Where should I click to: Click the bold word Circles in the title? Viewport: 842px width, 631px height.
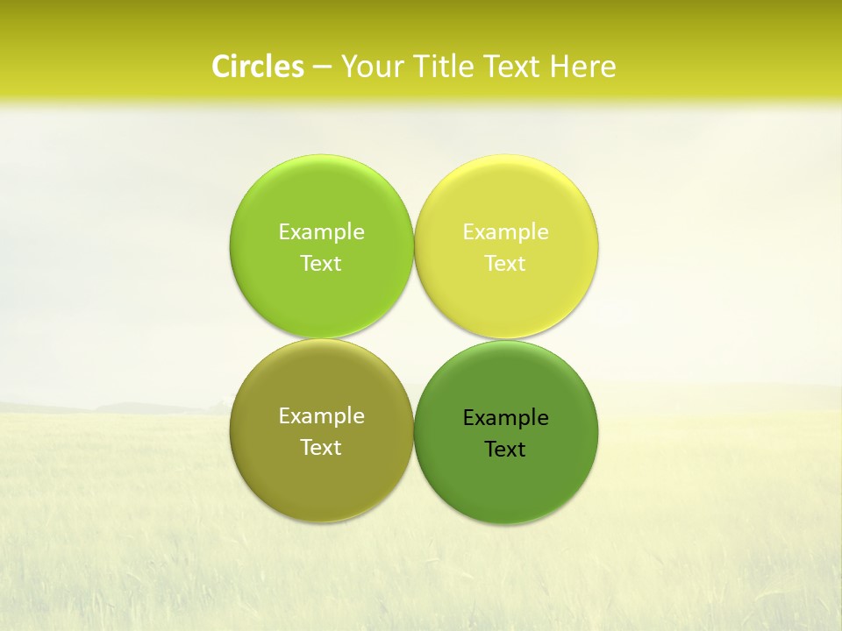pyautogui.click(x=258, y=67)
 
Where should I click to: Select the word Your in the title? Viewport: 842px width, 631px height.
pyautogui.click(x=369, y=67)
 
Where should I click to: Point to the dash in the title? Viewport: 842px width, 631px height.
pyautogui.click(x=322, y=67)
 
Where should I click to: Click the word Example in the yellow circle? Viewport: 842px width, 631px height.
pyautogui.click(x=506, y=232)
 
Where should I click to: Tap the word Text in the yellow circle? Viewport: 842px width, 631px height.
pyautogui.click(x=506, y=264)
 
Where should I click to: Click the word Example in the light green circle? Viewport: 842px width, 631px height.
pyautogui.click(x=321, y=232)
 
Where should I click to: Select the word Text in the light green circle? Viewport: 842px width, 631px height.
pyautogui.click(x=321, y=264)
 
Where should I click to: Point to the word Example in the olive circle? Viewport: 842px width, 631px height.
pyautogui.click(x=321, y=416)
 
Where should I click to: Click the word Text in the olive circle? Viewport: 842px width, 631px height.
pyautogui.click(x=321, y=448)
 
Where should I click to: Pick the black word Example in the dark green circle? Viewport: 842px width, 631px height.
pyautogui.click(x=506, y=418)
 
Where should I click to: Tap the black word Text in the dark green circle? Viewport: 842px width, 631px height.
pyautogui.click(x=506, y=450)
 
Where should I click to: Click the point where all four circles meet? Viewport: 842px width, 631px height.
pyautogui.click(x=414, y=339)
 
